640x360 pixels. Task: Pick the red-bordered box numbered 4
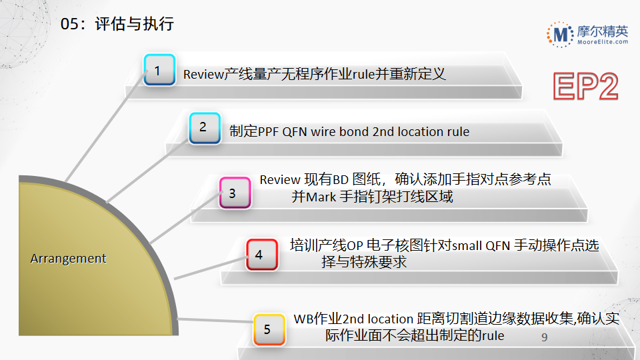coord(261,254)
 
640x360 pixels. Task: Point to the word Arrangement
coord(68,259)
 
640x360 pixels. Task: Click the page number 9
coord(545,338)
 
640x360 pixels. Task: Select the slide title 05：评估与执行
coord(117,24)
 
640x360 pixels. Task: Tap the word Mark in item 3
coord(321,197)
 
